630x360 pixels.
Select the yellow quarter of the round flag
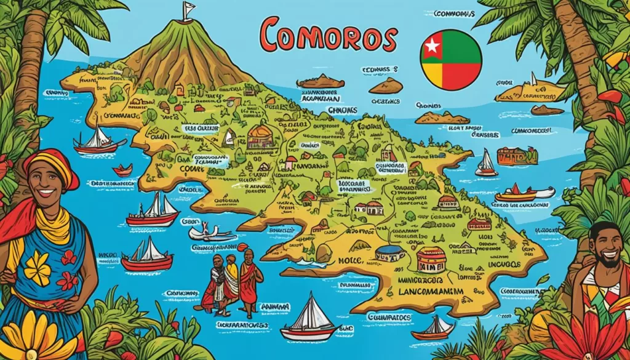point(434,76)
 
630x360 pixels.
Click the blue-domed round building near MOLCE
point(390,253)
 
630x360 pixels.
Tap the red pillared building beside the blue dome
point(431,258)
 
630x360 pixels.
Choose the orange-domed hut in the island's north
point(261,137)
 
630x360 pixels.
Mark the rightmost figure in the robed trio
point(250,280)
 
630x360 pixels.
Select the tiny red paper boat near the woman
point(122,170)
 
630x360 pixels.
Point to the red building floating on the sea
point(517,156)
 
